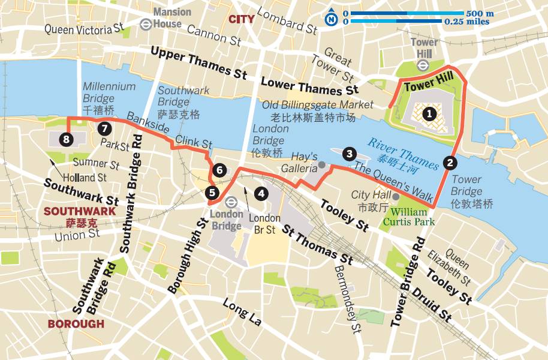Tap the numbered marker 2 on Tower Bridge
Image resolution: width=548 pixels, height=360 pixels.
pyautogui.click(x=450, y=161)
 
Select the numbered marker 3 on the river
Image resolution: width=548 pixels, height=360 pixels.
pyautogui.click(x=348, y=154)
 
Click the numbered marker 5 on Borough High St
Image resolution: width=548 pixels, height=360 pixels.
pyautogui.click(x=212, y=193)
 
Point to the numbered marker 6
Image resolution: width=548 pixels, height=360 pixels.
pyautogui.click(x=219, y=170)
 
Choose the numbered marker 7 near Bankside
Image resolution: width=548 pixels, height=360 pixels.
pyautogui.click(x=104, y=128)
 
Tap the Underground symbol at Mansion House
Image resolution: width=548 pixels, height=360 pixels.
pyautogui.click(x=145, y=23)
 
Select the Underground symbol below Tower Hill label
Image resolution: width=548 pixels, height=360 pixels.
pyautogui.click(x=423, y=66)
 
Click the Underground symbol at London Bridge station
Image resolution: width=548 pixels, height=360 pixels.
pyautogui.click(x=231, y=202)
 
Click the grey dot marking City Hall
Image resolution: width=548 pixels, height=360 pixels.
pyautogui.click(x=396, y=196)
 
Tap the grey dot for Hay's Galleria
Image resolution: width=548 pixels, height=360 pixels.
pyautogui.click(x=322, y=164)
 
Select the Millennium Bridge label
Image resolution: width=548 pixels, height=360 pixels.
pyautogui.click(x=109, y=93)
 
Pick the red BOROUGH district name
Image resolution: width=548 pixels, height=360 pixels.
pyautogui.click(x=76, y=324)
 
